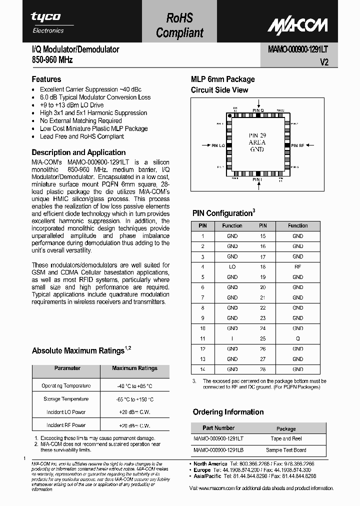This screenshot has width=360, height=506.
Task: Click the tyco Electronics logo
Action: (48, 22)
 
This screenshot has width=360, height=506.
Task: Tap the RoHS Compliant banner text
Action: (179, 25)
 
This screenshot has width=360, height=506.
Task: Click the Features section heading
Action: (46, 79)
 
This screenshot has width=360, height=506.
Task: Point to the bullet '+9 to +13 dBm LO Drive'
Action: (72, 105)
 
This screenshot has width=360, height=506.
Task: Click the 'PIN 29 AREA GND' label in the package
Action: (257, 142)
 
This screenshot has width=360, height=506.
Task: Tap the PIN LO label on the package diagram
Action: (217, 145)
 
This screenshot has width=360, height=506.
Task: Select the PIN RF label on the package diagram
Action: (298, 145)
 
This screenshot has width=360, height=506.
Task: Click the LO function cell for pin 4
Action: (232, 267)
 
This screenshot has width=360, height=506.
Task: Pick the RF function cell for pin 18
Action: (297, 267)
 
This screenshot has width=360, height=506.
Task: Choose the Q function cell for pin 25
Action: (297, 338)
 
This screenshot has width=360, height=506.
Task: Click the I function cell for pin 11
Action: (232, 338)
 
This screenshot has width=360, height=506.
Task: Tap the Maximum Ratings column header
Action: (134, 368)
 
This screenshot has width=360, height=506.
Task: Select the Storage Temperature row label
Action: (67, 399)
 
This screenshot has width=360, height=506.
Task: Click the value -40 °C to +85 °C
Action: (134, 386)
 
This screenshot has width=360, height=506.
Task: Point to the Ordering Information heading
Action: (228, 412)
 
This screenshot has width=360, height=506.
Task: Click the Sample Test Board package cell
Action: (286, 450)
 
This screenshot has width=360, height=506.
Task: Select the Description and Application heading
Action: (78, 152)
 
